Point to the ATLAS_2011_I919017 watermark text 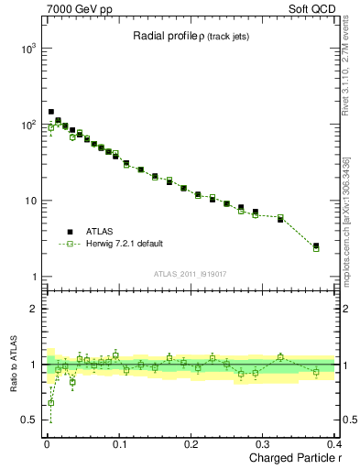pos(189,273)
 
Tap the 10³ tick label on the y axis pos(27,49)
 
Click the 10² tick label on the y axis pos(27,125)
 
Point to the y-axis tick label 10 pos(29,201)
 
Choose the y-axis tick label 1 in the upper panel pos(33,277)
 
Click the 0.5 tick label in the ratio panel pos(28,420)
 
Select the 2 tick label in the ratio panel pos(33,310)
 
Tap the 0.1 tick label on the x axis pos(119,444)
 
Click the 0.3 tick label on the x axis pos(263,444)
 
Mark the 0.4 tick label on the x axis pos(333,444)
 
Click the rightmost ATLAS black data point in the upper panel pos(316,245)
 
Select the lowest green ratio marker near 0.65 pos(50,403)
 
